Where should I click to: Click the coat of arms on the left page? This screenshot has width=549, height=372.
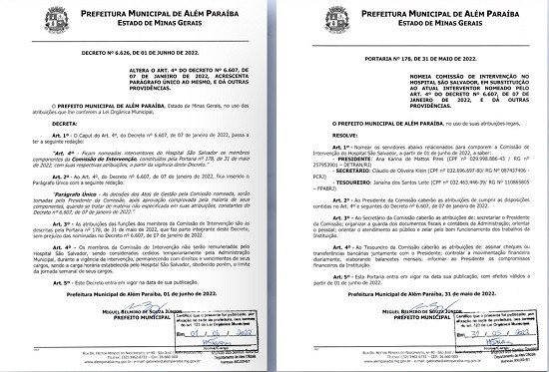click(x=37, y=19)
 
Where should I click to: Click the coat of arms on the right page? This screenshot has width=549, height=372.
click(x=313, y=19)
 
